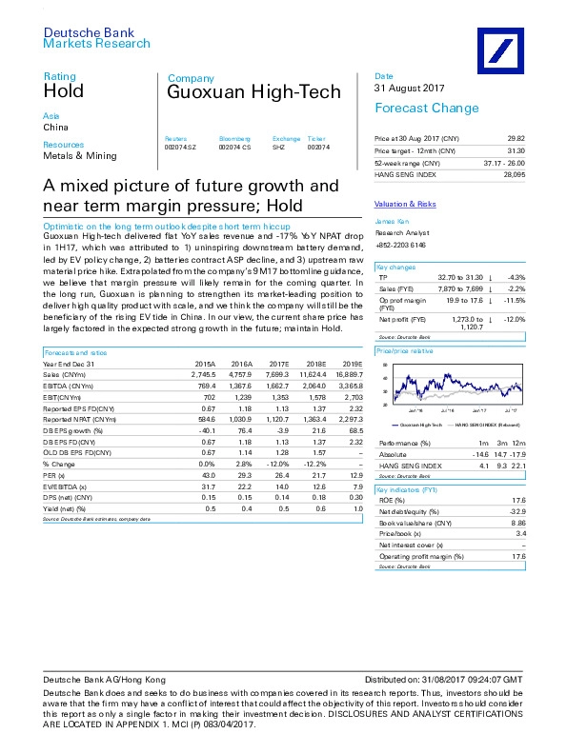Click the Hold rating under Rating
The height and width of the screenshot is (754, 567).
[63, 91]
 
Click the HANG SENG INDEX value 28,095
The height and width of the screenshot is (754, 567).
[514, 174]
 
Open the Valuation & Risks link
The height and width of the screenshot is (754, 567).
[405, 204]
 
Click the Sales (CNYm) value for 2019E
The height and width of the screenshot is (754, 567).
[348, 374]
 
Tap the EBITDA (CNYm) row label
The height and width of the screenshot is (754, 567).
[67, 386]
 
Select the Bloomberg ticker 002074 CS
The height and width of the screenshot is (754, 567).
[234, 146]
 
